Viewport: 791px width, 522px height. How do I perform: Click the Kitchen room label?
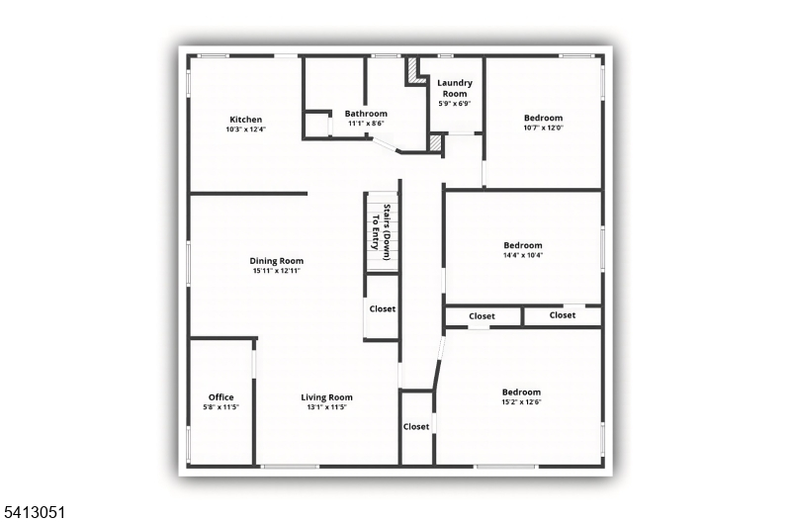tap(245, 120)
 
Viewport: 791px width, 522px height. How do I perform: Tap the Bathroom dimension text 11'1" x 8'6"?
tap(366, 124)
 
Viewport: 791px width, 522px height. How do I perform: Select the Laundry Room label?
tap(455, 88)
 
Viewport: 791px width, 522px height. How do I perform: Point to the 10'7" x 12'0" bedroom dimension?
tap(543, 128)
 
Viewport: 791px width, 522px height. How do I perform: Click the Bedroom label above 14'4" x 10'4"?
tap(523, 245)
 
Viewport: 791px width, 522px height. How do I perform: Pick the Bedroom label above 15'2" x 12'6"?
tap(521, 391)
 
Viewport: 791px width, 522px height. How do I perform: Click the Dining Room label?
tap(277, 261)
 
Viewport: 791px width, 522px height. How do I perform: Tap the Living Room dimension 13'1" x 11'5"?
tap(327, 407)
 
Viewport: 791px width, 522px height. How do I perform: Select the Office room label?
tap(220, 396)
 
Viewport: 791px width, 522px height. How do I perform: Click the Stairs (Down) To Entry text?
tap(381, 232)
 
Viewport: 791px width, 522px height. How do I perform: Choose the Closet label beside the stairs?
tap(383, 308)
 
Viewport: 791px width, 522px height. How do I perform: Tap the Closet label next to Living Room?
tap(416, 427)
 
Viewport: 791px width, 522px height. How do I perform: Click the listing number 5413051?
tap(33, 513)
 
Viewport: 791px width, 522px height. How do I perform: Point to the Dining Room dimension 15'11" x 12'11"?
tap(277, 271)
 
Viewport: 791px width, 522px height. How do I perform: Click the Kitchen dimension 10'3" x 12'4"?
tap(245, 130)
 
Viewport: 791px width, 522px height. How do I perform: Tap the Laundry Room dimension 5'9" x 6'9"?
tap(455, 104)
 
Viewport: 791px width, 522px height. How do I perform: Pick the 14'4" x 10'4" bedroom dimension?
tap(523, 255)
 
